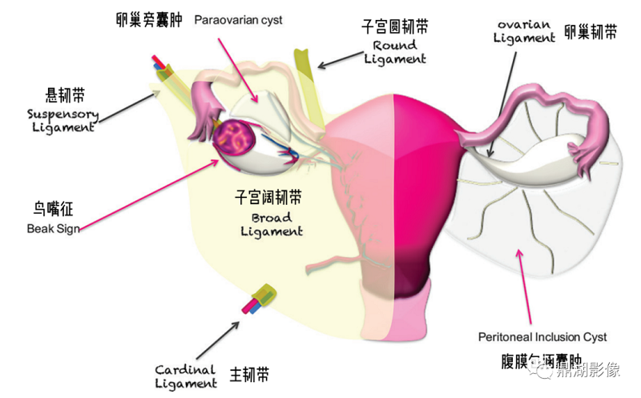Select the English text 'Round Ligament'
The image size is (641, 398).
pyautogui.click(x=394, y=52)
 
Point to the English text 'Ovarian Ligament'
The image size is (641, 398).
pyautogui.click(x=524, y=30)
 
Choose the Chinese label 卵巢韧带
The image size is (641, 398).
pyautogui.click(x=591, y=32)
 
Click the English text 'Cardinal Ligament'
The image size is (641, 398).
pyautogui.click(x=186, y=376)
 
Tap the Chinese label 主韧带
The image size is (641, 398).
pyautogui.click(x=248, y=374)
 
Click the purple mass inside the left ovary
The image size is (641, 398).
pyautogui.click(x=234, y=138)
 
